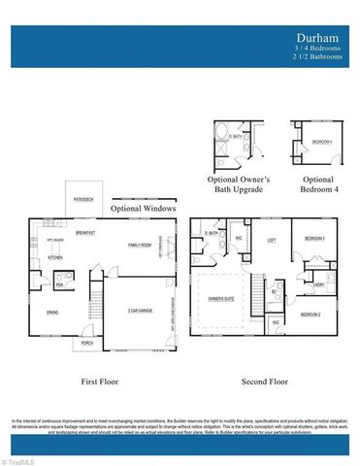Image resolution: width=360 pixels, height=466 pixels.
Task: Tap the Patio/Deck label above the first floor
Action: coord(84,199)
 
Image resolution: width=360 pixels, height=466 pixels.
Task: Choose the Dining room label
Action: coord(51,312)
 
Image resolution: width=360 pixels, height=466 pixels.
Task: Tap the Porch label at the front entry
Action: coord(87,343)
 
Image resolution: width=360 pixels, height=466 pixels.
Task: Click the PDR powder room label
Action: coord(59,285)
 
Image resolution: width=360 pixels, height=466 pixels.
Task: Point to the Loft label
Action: coord(274,239)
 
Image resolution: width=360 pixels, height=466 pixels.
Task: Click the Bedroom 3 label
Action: coord(312,239)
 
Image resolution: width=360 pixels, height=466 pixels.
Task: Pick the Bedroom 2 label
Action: coord(311,315)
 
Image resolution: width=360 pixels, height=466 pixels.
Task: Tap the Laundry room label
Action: coord(318,284)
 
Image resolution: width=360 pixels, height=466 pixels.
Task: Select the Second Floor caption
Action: coord(264,382)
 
